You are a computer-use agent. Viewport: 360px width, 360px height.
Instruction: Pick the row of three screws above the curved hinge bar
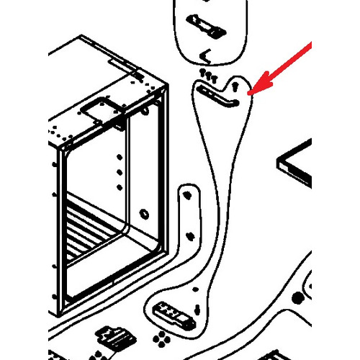click(x=208, y=75)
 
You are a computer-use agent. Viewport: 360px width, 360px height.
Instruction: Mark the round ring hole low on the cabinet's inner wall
click(x=143, y=214)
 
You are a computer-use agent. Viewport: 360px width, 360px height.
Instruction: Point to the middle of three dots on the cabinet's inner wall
click(x=119, y=171)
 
